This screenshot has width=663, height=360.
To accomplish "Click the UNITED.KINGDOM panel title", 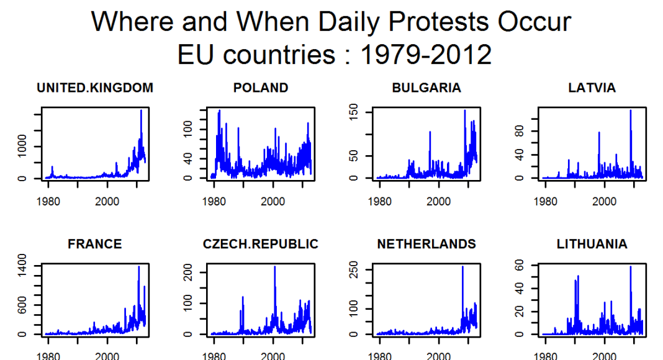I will [95, 88].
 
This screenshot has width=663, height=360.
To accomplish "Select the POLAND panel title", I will [261, 88].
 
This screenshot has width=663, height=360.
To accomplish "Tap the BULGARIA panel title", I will [426, 88].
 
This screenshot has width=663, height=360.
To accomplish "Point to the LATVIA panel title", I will [592, 88].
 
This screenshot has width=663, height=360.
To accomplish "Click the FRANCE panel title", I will [95, 244].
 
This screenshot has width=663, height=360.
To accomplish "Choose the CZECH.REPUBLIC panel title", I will [261, 244].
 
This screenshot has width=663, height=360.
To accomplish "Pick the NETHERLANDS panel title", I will [426, 244].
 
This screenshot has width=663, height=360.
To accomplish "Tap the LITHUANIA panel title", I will [592, 244].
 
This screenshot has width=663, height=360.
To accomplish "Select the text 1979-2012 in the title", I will [426, 55].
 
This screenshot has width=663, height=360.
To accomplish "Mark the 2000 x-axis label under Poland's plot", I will [273, 201].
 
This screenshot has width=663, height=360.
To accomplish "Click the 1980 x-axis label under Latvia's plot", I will [546, 201].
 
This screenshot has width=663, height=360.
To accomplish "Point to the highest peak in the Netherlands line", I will [462, 267].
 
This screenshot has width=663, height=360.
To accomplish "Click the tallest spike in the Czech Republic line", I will [274, 267].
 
